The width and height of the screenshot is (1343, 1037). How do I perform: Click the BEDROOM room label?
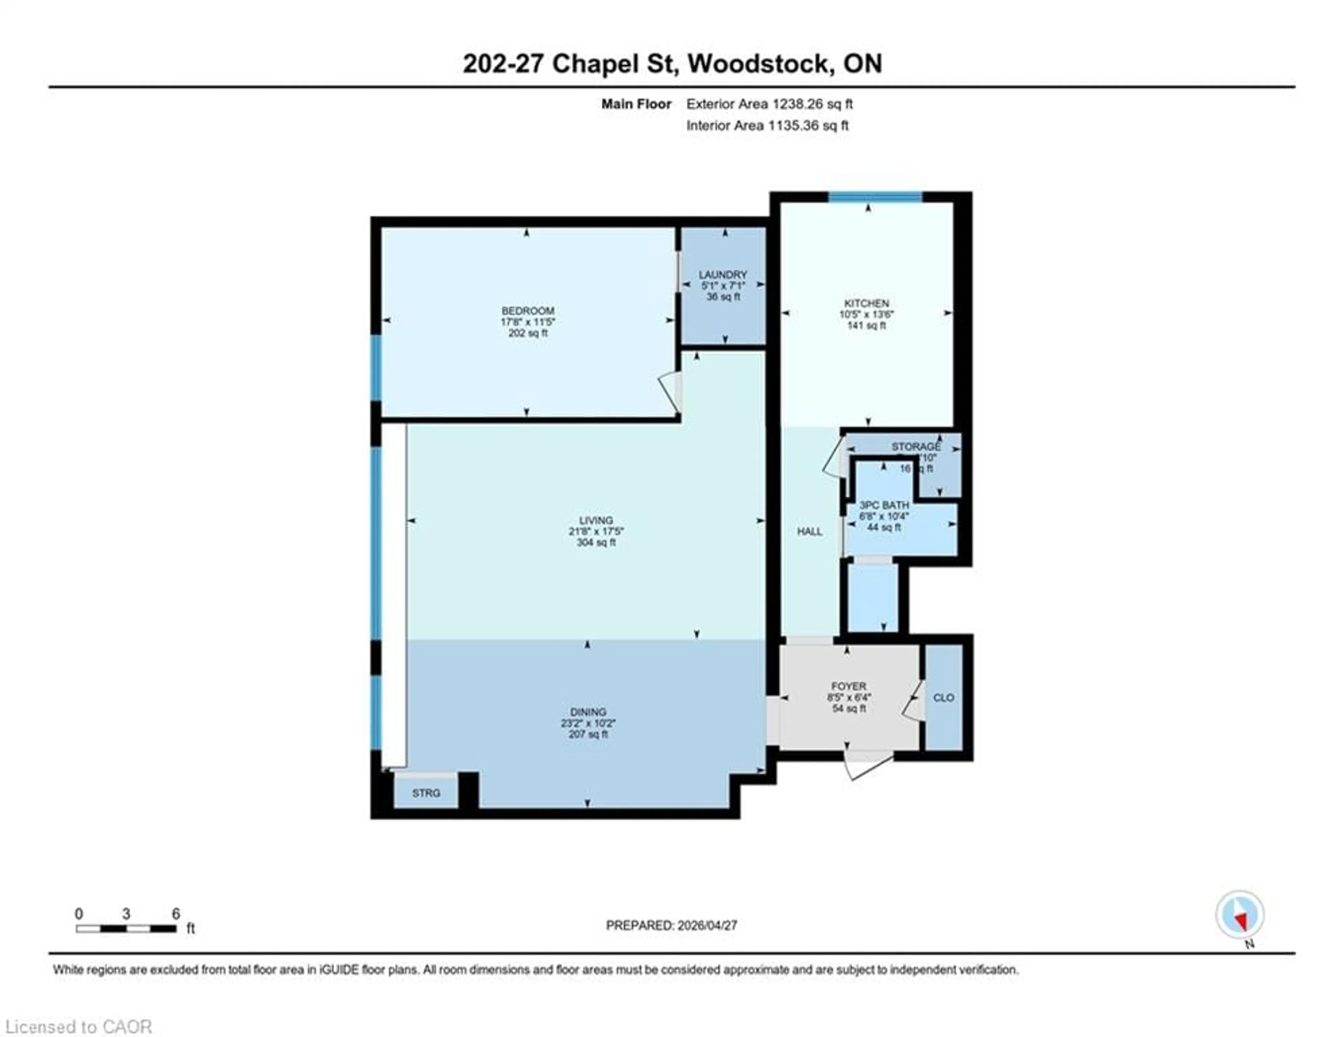click(x=528, y=311)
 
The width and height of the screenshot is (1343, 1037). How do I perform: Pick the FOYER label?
click(x=848, y=686)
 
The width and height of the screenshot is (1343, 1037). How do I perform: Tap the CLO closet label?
click(x=943, y=698)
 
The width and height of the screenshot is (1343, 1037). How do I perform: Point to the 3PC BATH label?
click(x=884, y=505)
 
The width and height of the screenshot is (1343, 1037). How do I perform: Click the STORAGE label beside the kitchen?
click(x=916, y=446)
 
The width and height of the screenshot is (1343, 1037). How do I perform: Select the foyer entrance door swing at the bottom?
click(x=867, y=766)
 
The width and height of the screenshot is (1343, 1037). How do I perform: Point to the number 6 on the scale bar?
click(x=176, y=913)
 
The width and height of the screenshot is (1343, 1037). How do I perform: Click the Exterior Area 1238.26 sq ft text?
click(x=769, y=104)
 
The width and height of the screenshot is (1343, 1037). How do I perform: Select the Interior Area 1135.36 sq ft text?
click(x=767, y=126)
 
